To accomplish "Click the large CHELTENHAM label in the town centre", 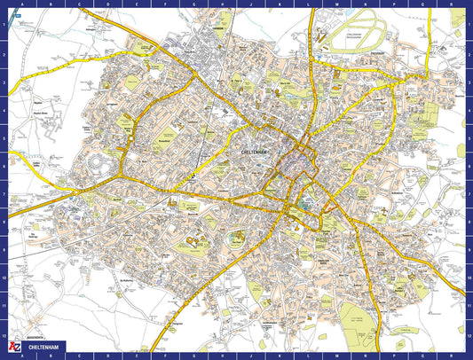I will [x=258, y=153].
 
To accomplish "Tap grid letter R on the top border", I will [x=453, y=4].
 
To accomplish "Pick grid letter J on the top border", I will [x=250, y=4].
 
